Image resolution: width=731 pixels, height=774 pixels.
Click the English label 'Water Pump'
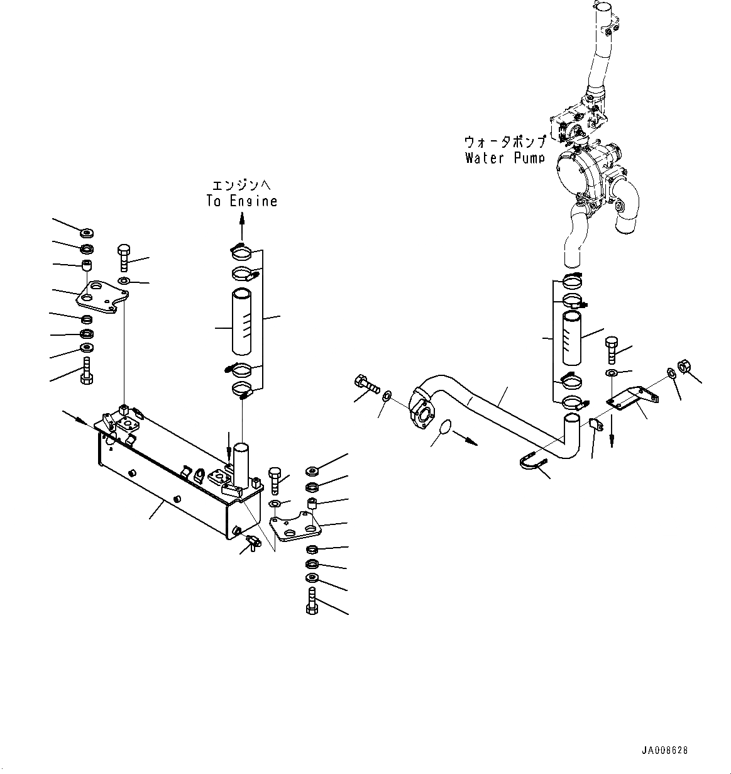tap(505, 158)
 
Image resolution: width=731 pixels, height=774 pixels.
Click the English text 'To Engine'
tap(241, 201)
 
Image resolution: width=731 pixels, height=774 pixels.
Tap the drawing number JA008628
tap(664, 750)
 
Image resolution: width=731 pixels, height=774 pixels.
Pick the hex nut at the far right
tap(684, 367)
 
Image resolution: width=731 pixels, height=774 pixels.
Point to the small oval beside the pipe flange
tap(445, 428)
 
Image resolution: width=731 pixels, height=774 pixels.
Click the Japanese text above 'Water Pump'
tap(505, 141)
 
